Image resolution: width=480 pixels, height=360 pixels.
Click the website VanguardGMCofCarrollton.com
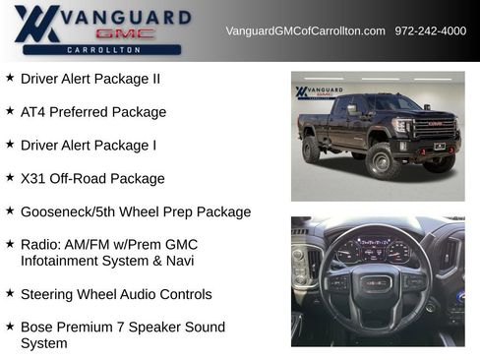[x=305, y=31]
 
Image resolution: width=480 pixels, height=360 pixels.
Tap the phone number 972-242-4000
[x=431, y=31]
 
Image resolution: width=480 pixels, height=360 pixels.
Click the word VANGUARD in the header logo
[x=125, y=17]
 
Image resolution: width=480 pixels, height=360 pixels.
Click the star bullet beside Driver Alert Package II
[x=10, y=77]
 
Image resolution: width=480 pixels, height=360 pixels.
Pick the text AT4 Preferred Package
[x=93, y=112]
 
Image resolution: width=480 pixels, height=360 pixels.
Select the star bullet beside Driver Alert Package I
[x=10, y=144]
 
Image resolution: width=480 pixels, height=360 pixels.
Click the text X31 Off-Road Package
[x=92, y=179]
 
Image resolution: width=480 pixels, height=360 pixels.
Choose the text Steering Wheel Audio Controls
[x=116, y=294]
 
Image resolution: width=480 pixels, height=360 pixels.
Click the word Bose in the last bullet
[x=36, y=327]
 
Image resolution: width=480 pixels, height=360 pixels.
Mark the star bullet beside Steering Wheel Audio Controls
[x=10, y=292]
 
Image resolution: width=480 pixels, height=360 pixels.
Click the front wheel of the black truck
[x=383, y=160]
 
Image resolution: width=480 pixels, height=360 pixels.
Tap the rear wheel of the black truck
[x=312, y=150]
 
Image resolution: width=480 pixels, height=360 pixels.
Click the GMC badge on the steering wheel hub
[x=375, y=283]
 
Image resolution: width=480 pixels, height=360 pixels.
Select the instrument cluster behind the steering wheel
[x=375, y=250]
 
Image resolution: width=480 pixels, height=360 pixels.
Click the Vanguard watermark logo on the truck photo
[x=320, y=92]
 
